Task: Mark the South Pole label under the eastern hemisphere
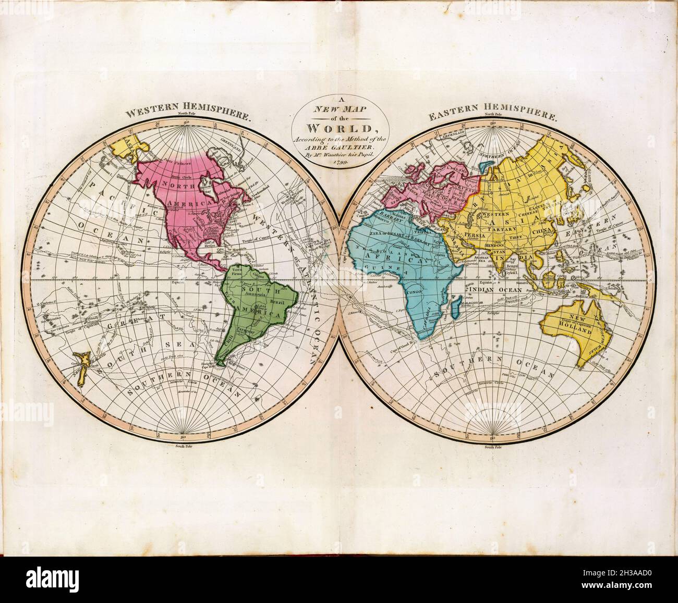[x=492, y=447]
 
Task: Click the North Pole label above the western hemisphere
[x=185, y=114]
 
